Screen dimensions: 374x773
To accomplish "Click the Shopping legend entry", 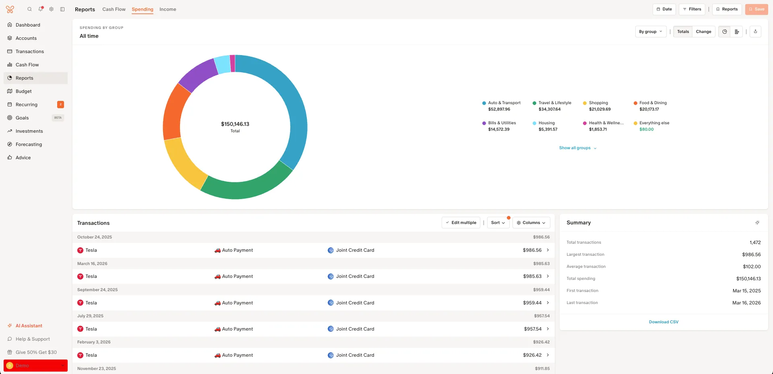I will tap(598, 103).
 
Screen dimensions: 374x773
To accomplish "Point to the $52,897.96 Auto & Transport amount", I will tap(499, 109).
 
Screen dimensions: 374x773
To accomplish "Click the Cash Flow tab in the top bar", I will tap(114, 9).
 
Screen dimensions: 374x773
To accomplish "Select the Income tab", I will tap(167, 9).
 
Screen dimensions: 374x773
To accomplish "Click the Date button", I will tap(664, 9).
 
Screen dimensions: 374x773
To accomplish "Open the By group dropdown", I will tap(650, 32).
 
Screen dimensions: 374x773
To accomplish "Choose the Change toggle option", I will tap(703, 32).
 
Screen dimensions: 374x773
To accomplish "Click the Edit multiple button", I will tap(461, 223).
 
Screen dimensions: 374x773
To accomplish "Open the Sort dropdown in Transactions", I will tap(498, 223).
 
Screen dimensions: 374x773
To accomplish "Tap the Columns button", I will tap(531, 223).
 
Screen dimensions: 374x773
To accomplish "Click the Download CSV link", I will tap(663, 322).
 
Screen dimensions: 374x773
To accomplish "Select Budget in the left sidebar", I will tap(24, 91).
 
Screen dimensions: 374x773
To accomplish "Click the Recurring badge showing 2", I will tap(60, 105).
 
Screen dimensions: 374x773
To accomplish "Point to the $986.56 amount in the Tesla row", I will tap(532, 250).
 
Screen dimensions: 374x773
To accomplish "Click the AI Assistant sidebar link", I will tap(29, 326).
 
